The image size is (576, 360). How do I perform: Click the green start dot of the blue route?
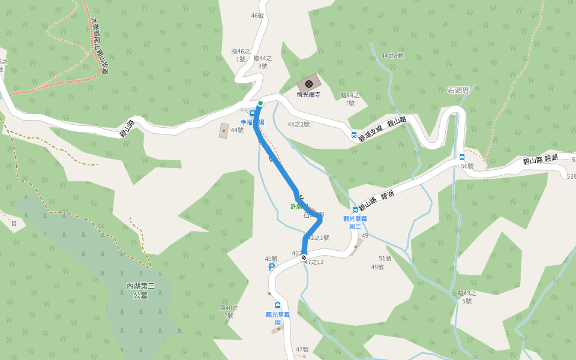click(x=260, y=103)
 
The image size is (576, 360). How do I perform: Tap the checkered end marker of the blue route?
click(x=304, y=257)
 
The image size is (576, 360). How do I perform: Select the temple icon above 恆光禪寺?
click(x=309, y=83)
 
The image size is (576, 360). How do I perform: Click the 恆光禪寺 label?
click(x=309, y=94)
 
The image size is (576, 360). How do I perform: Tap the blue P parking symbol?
click(x=272, y=267)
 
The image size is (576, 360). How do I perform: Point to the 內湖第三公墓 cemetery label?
click(x=140, y=290)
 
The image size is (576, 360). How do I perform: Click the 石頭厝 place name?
click(x=458, y=91)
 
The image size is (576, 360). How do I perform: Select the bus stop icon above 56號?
click(x=462, y=157)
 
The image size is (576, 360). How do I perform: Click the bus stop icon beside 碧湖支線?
click(x=353, y=135)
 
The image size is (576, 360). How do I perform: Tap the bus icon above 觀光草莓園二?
click(x=355, y=210)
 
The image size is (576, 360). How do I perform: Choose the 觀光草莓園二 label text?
click(x=355, y=223)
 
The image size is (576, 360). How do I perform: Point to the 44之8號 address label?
click(x=392, y=56)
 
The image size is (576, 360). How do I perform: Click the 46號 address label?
click(x=257, y=16)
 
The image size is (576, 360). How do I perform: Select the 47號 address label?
click(x=302, y=349)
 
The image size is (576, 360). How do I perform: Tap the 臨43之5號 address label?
click(x=467, y=297)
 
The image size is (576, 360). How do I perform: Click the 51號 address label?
click(x=385, y=259)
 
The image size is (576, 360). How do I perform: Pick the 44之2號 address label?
click(x=298, y=124)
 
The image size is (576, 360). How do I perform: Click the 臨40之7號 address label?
click(x=229, y=311)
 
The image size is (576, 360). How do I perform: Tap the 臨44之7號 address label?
click(x=350, y=99)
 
